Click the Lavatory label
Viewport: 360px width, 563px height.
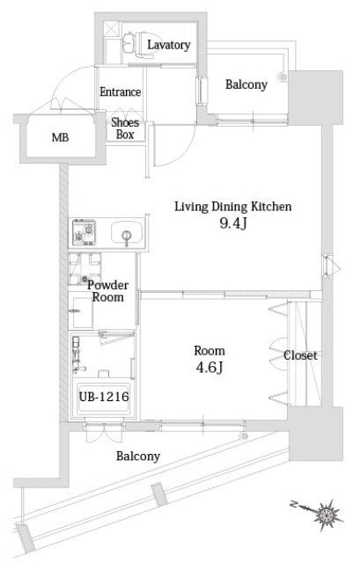(x=169, y=44)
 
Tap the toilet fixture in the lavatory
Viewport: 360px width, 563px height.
(x=131, y=41)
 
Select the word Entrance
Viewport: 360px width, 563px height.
(x=121, y=92)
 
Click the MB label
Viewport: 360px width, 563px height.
(x=60, y=138)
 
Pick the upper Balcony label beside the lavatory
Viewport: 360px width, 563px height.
(x=246, y=84)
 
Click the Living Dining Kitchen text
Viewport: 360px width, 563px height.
(x=232, y=207)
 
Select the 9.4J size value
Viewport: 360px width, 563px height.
(x=232, y=224)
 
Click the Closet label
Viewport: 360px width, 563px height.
(x=300, y=355)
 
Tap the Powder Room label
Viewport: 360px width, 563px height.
(x=108, y=291)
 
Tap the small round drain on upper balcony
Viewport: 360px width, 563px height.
(x=283, y=77)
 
